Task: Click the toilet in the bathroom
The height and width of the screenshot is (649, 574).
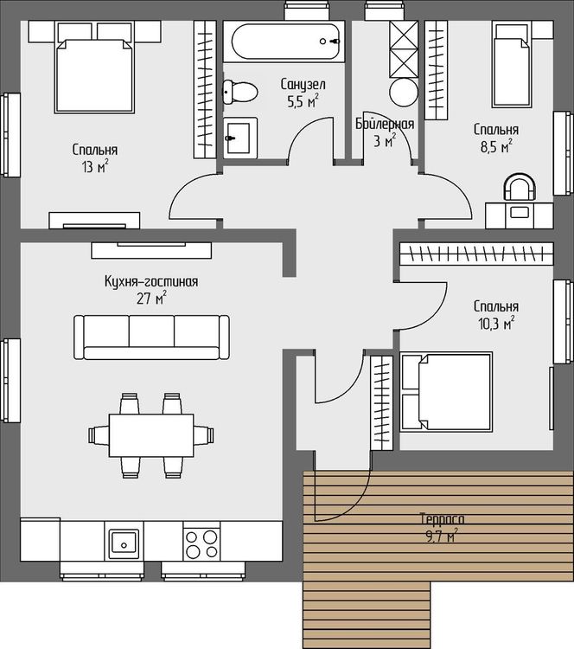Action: click(x=239, y=93)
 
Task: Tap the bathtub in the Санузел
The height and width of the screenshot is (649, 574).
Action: click(x=285, y=42)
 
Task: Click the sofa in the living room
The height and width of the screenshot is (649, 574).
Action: click(x=151, y=337)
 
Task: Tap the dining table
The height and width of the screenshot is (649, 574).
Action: click(x=151, y=434)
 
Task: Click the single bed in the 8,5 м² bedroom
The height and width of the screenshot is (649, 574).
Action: click(x=512, y=65)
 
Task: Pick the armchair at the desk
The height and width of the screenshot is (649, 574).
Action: click(x=520, y=187)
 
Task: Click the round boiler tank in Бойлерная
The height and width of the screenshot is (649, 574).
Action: click(x=403, y=93)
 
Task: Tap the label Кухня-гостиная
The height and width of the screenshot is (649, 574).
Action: click(x=151, y=282)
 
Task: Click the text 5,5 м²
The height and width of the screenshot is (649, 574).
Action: click(x=303, y=101)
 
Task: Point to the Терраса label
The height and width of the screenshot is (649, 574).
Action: click(x=442, y=518)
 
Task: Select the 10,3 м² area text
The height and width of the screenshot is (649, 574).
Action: click(x=496, y=324)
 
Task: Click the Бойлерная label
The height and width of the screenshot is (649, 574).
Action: click(x=385, y=124)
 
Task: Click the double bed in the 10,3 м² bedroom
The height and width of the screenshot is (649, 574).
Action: click(x=446, y=392)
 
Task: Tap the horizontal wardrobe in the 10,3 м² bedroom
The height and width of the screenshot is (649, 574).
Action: click(x=476, y=253)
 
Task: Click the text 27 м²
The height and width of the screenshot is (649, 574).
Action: click(x=152, y=298)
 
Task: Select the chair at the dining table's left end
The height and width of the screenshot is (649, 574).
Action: click(x=99, y=435)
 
